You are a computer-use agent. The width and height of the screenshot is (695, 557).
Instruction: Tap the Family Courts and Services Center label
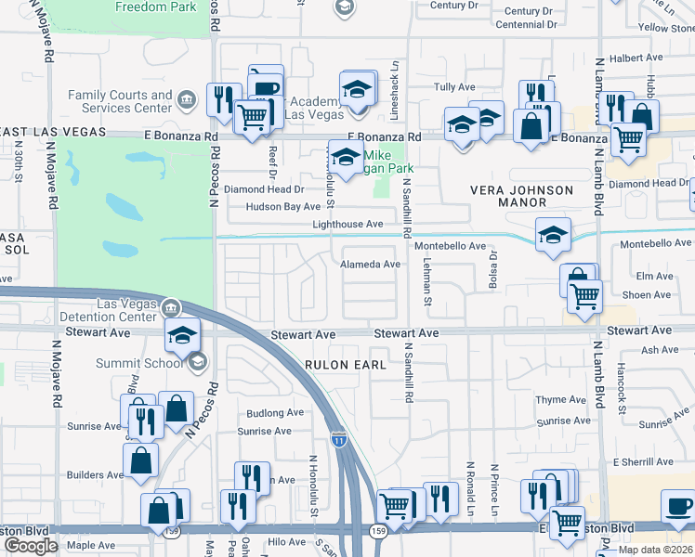[x=120, y=101]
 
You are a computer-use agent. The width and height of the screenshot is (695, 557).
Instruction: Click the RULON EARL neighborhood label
[x=346, y=365]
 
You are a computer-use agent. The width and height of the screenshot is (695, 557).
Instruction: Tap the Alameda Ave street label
[x=370, y=265]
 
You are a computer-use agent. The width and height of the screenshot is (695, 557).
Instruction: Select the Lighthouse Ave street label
[x=347, y=225]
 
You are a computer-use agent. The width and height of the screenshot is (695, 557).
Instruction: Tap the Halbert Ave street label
[x=636, y=58]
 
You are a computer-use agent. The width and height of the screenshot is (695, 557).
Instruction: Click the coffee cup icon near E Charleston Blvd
[x=678, y=508]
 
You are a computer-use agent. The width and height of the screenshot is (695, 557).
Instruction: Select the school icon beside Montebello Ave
[x=553, y=236]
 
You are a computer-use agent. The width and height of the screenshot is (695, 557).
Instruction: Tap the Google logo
[x=30, y=546]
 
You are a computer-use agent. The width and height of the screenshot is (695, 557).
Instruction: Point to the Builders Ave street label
[x=95, y=475]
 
